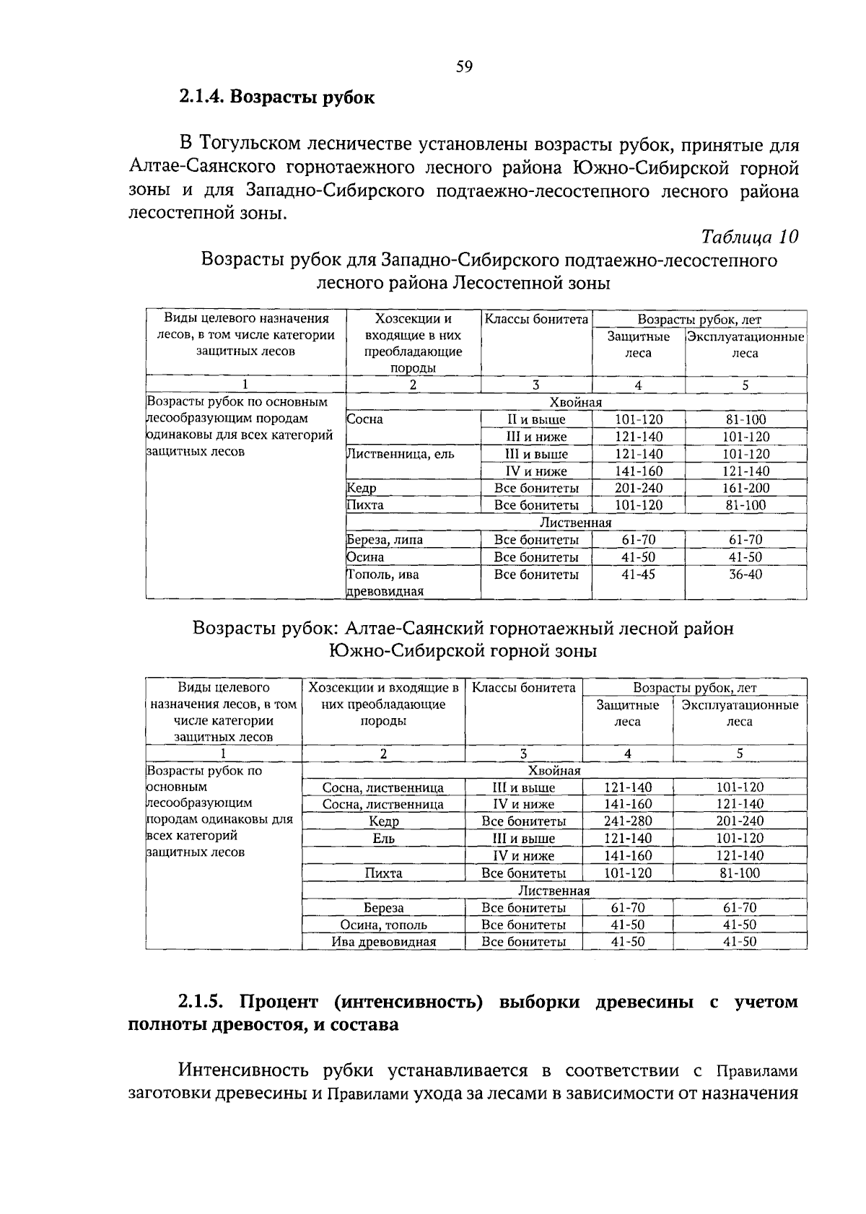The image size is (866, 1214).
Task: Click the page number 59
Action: click(x=464, y=67)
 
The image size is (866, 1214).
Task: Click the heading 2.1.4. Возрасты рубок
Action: click(x=277, y=97)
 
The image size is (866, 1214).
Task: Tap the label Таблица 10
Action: click(x=749, y=237)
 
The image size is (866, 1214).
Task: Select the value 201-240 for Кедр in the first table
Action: click(x=638, y=489)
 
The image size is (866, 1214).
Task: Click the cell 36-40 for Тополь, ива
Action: click(x=745, y=575)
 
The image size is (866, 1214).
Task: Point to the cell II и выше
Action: click(x=535, y=419)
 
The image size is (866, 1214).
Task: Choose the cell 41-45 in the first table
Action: click(x=638, y=575)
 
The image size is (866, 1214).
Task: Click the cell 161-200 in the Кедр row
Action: click(x=745, y=489)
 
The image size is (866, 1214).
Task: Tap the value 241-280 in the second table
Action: click(x=627, y=821)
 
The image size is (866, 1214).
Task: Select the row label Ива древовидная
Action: click(x=383, y=942)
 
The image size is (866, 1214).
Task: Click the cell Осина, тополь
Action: click(x=383, y=925)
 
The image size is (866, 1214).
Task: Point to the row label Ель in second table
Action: click(x=383, y=839)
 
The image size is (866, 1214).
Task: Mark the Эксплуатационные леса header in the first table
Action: click(x=745, y=345)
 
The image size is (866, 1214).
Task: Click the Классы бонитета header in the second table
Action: click(x=524, y=688)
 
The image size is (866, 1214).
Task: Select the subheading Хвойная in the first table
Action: click(x=575, y=402)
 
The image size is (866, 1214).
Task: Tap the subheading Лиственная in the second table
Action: click(x=554, y=891)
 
